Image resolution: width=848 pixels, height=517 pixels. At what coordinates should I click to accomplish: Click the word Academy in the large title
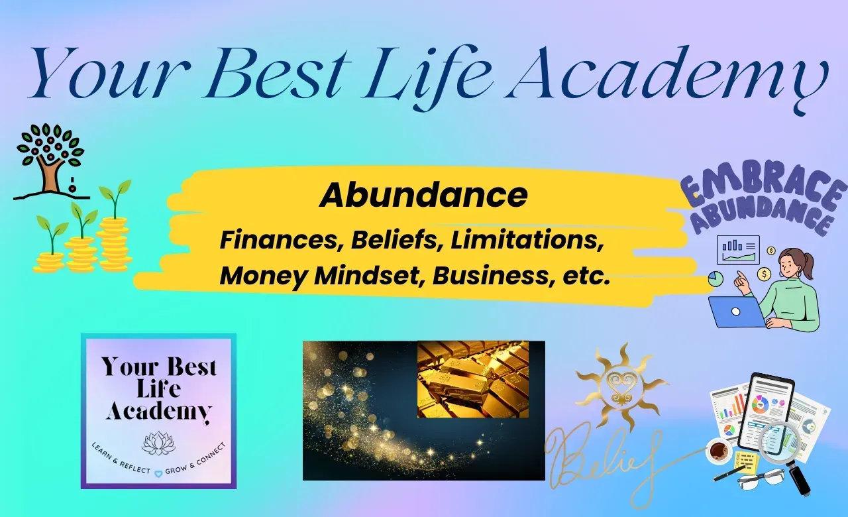click(x=670, y=76)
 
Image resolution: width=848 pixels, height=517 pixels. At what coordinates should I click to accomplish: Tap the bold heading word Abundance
click(x=423, y=195)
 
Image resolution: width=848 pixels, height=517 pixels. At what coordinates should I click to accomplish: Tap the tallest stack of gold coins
click(x=115, y=243)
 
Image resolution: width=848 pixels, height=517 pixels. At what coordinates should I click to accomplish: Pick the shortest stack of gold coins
click(x=49, y=262)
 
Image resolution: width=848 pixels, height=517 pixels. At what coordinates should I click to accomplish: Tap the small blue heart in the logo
click(x=158, y=473)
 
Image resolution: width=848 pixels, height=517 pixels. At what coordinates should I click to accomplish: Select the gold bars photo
click(x=473, y=379)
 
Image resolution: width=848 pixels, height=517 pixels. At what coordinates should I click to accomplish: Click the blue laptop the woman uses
click(x=736, y=312)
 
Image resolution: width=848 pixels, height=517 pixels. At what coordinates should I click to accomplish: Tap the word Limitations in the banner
click(x=527, y=240)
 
